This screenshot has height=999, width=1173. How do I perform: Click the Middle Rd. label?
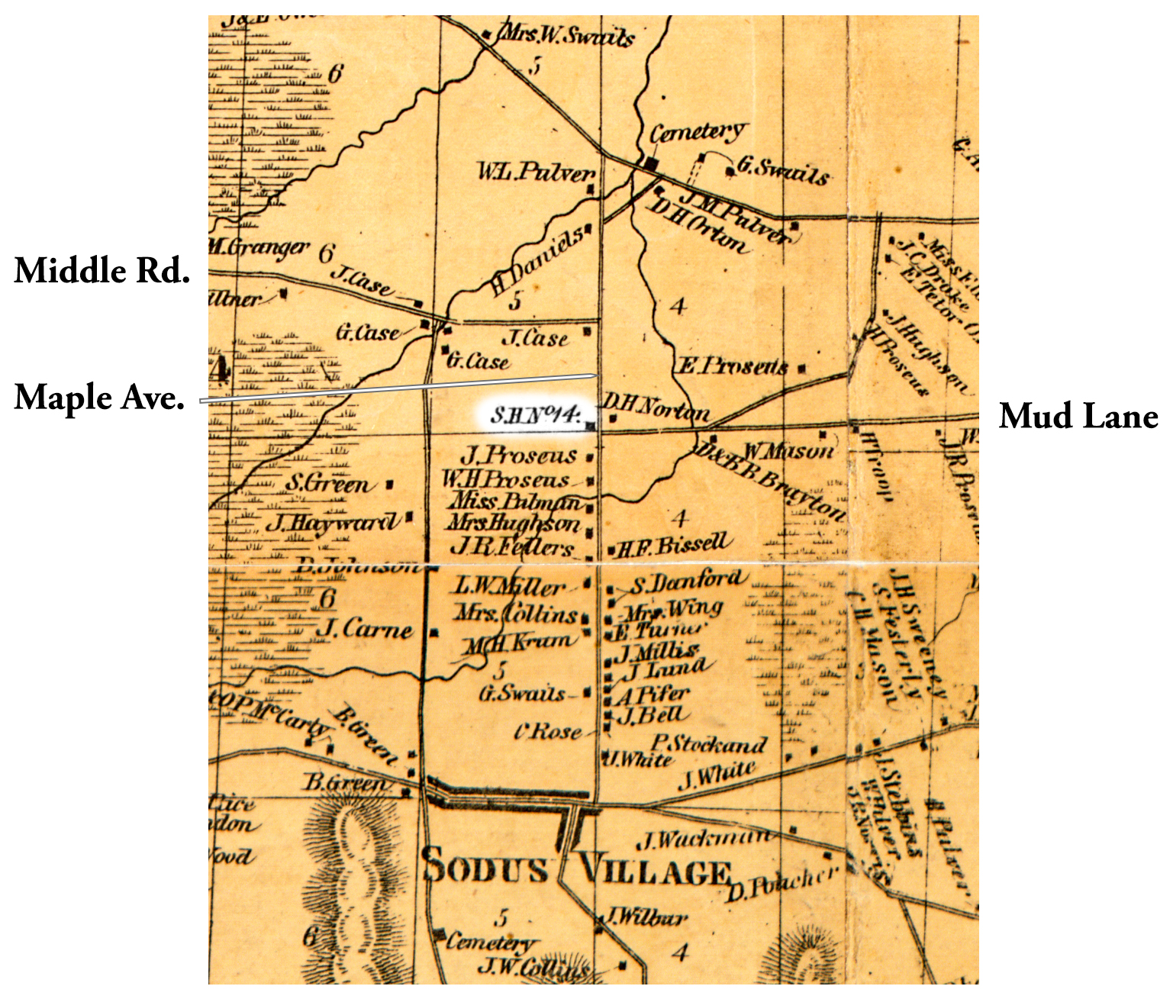(102, 271)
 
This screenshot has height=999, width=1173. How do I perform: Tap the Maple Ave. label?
(99, 398)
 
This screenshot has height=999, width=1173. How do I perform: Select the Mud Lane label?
(1078, 417)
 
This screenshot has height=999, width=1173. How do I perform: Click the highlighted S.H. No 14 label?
(536, 416)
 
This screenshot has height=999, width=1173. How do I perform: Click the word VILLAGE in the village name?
(655, 871)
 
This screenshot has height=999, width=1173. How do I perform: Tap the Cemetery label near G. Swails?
(698, 133)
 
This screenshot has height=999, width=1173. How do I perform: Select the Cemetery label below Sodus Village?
(491, 942)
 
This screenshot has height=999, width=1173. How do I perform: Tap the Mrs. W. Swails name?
(566, 35)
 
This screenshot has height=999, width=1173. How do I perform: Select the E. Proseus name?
(733, 366)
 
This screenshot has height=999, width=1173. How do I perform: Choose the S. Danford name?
(685, 583)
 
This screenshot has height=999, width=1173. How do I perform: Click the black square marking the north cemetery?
(651, 163)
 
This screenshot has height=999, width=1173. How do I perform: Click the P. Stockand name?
(707, 743)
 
